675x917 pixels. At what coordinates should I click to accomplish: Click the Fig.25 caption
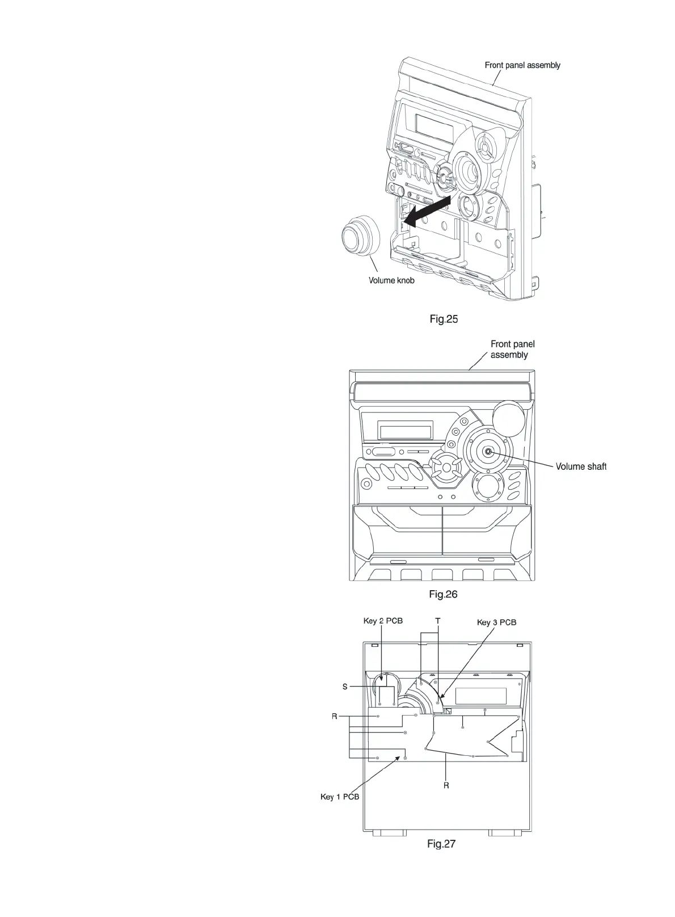444,319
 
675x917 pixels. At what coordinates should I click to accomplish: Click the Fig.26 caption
443,595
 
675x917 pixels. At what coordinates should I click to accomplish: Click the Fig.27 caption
441,844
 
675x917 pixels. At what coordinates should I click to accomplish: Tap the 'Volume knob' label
391,280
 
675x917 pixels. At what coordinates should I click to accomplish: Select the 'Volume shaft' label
581,466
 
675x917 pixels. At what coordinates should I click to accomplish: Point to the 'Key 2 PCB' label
383,621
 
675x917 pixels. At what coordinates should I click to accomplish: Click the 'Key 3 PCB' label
497,622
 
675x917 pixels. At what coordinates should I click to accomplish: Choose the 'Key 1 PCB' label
340,797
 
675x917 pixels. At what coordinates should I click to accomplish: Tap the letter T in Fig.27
438,621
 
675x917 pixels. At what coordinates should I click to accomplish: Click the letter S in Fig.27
345,687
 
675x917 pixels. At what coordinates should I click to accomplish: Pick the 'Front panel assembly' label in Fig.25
522,65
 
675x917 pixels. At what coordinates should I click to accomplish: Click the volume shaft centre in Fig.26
488,452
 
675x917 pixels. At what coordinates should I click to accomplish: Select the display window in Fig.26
406,431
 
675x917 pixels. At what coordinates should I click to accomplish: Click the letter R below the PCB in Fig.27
446,785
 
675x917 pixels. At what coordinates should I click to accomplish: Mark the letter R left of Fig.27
335,716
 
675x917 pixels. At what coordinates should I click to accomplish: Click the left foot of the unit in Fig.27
390,832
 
